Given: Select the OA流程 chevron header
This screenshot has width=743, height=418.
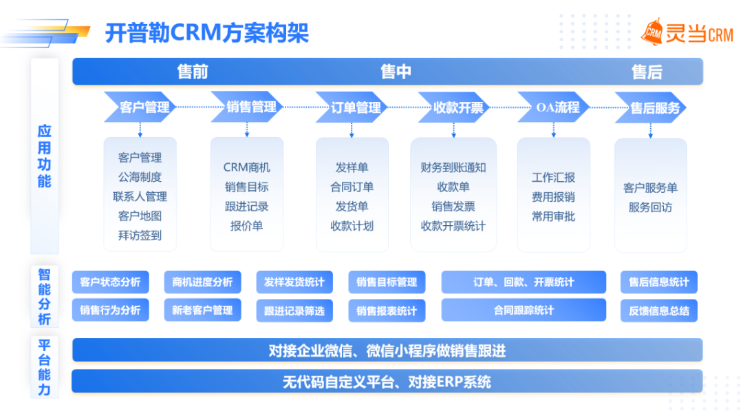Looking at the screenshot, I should [x=557, y=107].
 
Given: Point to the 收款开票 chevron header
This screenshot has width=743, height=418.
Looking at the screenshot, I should [x=457, y=107].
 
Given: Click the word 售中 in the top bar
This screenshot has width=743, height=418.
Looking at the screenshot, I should [x=396, y=72].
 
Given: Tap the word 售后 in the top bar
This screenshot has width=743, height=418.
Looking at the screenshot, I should [x=646, y=72].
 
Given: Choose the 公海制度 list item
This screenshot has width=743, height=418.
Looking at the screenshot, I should [x=140, y=177].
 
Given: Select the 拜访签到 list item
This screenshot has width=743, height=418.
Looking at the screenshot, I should [x=140, y=235].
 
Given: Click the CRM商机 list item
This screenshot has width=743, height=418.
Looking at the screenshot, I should [x=246, y=167].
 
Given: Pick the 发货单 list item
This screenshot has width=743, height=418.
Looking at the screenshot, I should [x=352, y=206].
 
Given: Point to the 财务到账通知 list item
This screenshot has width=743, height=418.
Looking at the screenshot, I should [x=453, y=167].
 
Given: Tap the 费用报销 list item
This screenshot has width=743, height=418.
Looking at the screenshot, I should [x=553, y=197].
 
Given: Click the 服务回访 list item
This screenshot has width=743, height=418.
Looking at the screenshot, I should [x=650, y=207].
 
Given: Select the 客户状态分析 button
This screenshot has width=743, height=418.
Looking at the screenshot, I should [x=110, y=282].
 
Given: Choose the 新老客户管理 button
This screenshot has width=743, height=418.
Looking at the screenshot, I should [x=202, y=310].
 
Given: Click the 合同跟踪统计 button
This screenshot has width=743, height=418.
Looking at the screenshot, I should [x=524, y=310].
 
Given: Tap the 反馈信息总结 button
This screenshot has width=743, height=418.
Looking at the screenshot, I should [x=658, y=310].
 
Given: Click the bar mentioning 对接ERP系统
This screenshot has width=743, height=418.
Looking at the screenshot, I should [x=387, y=382].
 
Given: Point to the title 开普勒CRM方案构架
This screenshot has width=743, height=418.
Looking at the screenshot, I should [x=206, y=32].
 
